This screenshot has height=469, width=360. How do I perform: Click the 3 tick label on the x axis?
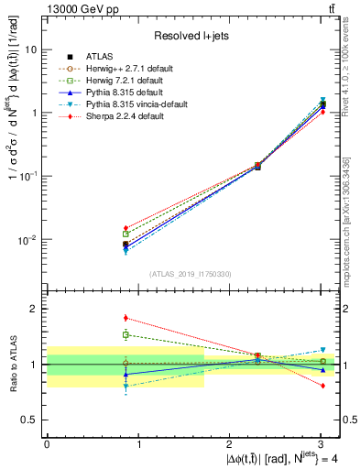321,443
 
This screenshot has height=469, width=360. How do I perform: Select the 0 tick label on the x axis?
47,443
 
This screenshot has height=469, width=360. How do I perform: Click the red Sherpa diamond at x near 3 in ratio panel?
322,386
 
